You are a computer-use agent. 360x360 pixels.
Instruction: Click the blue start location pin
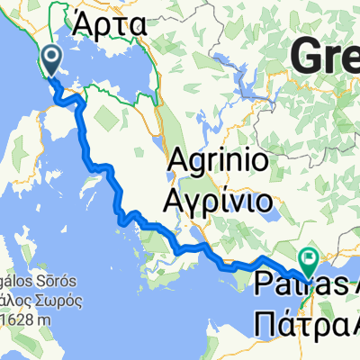coord(50,59)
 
